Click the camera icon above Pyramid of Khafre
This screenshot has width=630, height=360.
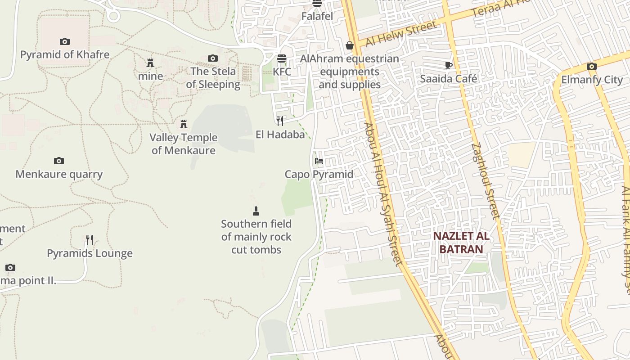coord(65,42)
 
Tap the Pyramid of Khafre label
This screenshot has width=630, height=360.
coord(65,55)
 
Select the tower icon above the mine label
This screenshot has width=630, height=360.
coord(150,63)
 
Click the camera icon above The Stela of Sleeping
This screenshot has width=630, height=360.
coord(213,58)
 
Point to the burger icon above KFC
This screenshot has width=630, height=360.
coord(282,58)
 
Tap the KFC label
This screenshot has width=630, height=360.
coord(282,72)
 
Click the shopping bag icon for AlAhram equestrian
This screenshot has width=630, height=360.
coord(350,45)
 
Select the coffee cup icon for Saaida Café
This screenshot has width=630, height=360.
coord(449,65)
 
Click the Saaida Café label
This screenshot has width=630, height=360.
coord(449,79)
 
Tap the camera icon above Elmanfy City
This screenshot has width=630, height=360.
coord(592,67)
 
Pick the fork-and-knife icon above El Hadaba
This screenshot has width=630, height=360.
coord(280,121)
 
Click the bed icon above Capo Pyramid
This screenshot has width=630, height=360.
coord(319,161)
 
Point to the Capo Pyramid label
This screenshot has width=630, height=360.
coord(319,174)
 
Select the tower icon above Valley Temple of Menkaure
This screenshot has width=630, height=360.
coord(184,124)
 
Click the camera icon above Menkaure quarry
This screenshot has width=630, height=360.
coord(59,161)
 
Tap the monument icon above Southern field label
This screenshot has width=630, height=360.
coord(256,211)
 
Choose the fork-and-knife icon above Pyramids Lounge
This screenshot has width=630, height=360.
coord(90,240)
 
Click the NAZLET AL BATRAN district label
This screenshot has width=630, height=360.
coord(461,243)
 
